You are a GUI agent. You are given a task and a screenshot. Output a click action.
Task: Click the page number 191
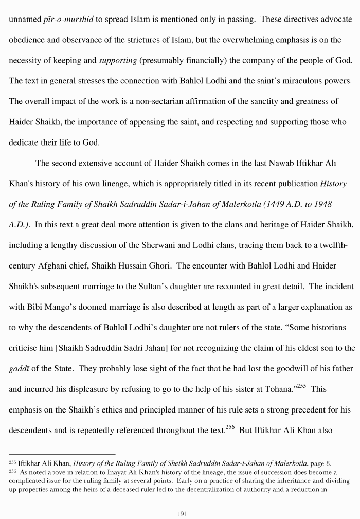coord(180,513)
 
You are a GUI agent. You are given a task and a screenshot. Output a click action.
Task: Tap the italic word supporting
coord(118,61)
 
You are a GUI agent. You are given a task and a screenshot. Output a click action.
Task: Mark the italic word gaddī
coord(19,369)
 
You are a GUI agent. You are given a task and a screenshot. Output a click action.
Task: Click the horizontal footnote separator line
coord(62,454)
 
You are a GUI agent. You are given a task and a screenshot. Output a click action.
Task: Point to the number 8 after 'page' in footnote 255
coord(329,463)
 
